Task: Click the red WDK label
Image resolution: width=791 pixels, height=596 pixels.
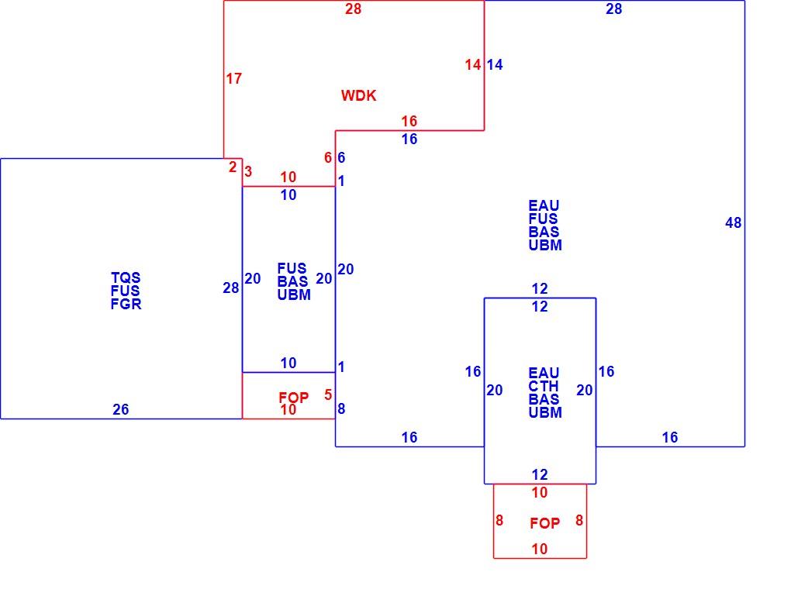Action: pos(359,95)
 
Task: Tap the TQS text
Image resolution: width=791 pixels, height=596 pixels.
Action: pos(126,277)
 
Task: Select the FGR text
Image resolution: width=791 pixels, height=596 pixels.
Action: pos(126,304)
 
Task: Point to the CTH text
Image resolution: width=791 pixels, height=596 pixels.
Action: pos(544,386)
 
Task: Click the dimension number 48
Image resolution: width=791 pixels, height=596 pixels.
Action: pos(734,222)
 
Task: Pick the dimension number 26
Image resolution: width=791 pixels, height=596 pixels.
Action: pos(120,409)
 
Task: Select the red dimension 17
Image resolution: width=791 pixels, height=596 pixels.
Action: pos(233,78)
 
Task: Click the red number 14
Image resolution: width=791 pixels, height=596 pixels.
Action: pos(473,64)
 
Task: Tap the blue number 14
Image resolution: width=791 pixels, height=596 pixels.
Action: pos(495,64)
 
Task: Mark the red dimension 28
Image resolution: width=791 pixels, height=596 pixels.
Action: pos(353,9)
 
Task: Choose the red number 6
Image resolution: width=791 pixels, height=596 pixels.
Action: pos(328,157)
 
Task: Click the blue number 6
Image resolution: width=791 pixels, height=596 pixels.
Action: pos(341,157)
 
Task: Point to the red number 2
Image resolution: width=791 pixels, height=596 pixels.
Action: pos(232,167)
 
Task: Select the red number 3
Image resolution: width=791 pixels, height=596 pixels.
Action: pos(247,171)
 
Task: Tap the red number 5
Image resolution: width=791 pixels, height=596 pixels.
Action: pos(328,394)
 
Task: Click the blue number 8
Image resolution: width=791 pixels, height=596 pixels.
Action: pos(341,408)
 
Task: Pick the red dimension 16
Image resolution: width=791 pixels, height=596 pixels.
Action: pos(409,121)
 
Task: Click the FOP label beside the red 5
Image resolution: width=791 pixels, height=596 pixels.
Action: pos(294,398)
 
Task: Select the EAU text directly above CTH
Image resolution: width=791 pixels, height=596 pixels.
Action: pos(544,373)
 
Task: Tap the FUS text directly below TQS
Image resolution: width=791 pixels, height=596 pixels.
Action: pos(125,291)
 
